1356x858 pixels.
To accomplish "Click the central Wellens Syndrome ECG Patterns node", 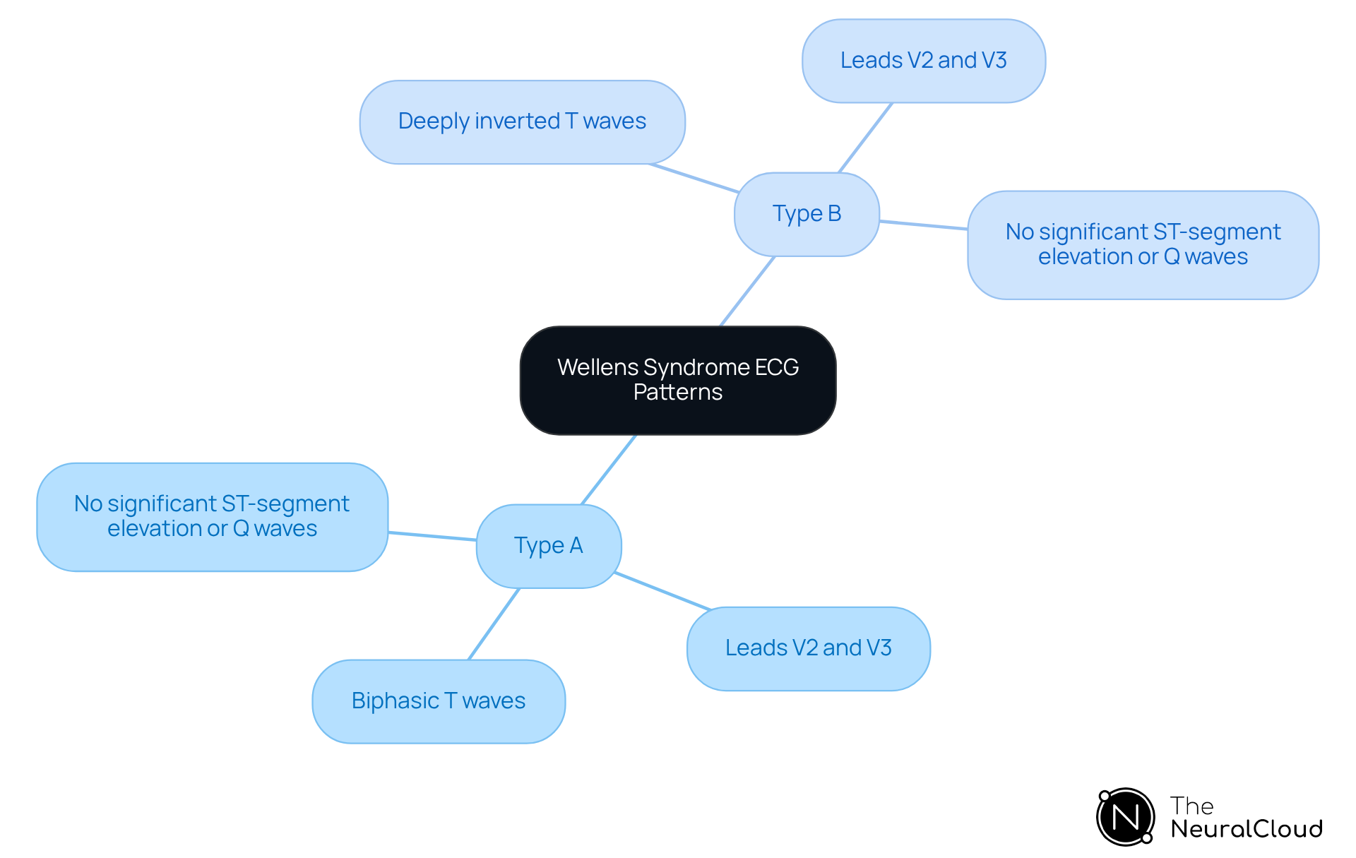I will (x=678, y=380).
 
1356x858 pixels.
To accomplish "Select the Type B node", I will (x=807, y=214).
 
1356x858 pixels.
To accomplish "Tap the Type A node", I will (x=549, y=546).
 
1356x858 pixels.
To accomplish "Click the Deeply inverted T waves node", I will (x=522, y=121).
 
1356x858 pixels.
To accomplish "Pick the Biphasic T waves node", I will (x=439, y=701).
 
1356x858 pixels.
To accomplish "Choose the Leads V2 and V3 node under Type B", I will (x=923, y=61).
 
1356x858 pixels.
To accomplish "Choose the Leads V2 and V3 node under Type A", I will (x=808, y=648).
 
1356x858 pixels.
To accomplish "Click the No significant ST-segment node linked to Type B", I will (x=1143, y=244).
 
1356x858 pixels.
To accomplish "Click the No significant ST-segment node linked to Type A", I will (x=212, y=516).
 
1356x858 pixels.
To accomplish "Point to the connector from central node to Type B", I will (x=747, y=291).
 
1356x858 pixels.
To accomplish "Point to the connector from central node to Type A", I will (x=609, y=470).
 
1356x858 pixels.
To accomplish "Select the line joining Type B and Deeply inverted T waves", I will (x=694, y=178).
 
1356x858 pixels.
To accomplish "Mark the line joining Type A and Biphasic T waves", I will (x=494, y=624).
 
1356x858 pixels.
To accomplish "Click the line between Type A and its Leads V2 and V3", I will (x=662, y=591).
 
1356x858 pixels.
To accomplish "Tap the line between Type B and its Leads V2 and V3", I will (x=865, y=138).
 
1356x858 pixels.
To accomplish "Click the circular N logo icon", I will (x=1125, y=817).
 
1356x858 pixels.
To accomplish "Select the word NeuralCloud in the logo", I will (x=1246, y=829).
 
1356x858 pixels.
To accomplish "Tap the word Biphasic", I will (x=395, y=701).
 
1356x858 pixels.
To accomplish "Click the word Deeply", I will (x=434, y=121).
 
